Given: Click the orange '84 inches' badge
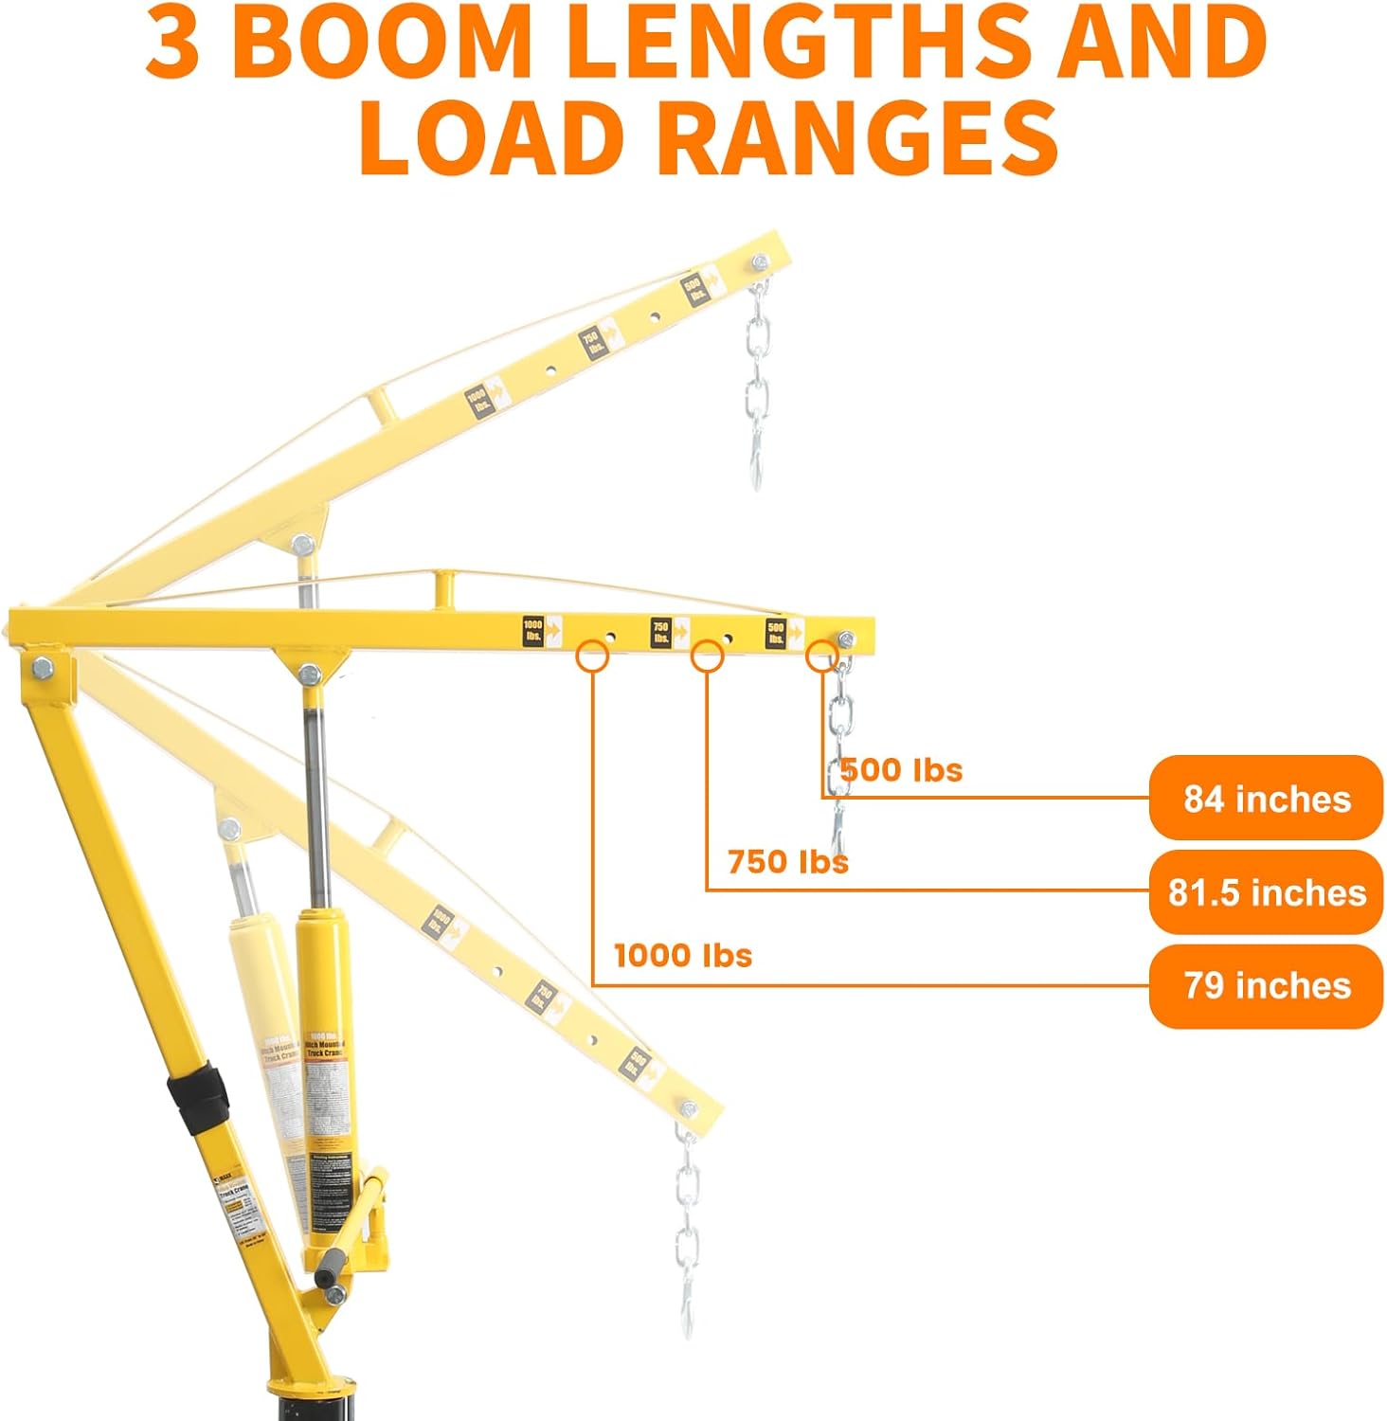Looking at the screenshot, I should (x=1266, y=799).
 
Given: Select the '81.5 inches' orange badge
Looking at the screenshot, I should (x=1266, y=891).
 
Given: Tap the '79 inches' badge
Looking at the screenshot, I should (x=1266, y=985).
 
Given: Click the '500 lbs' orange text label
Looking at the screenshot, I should (x=901, y=770).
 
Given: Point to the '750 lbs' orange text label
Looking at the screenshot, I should (x=787, y=862).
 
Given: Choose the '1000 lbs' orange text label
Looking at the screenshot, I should (x=682, y=955).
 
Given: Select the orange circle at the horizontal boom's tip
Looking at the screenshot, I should (x=821, y=655).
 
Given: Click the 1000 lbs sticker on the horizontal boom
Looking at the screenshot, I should (x=533, y=630).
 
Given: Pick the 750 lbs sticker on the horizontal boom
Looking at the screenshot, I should (x=661, y=632).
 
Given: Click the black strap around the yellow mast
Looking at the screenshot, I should (x=198, y=1099).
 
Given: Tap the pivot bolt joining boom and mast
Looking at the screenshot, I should (x=42, y=669).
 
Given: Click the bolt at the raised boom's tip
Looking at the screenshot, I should (x=760, y=262).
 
